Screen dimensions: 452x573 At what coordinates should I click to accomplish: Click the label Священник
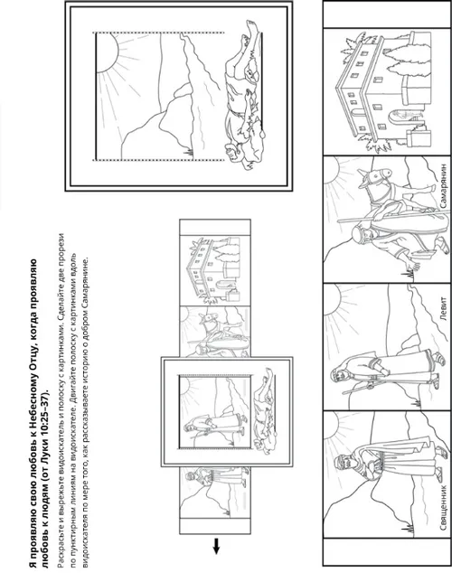pos(444,507)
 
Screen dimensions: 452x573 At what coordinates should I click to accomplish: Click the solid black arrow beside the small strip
pos(216,546)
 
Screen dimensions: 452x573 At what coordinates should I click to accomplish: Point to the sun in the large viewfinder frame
pos(107,52)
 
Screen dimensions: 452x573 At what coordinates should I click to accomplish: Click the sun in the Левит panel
pos(332,301)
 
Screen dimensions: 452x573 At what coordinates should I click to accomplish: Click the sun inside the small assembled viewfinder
pos(185,386)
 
